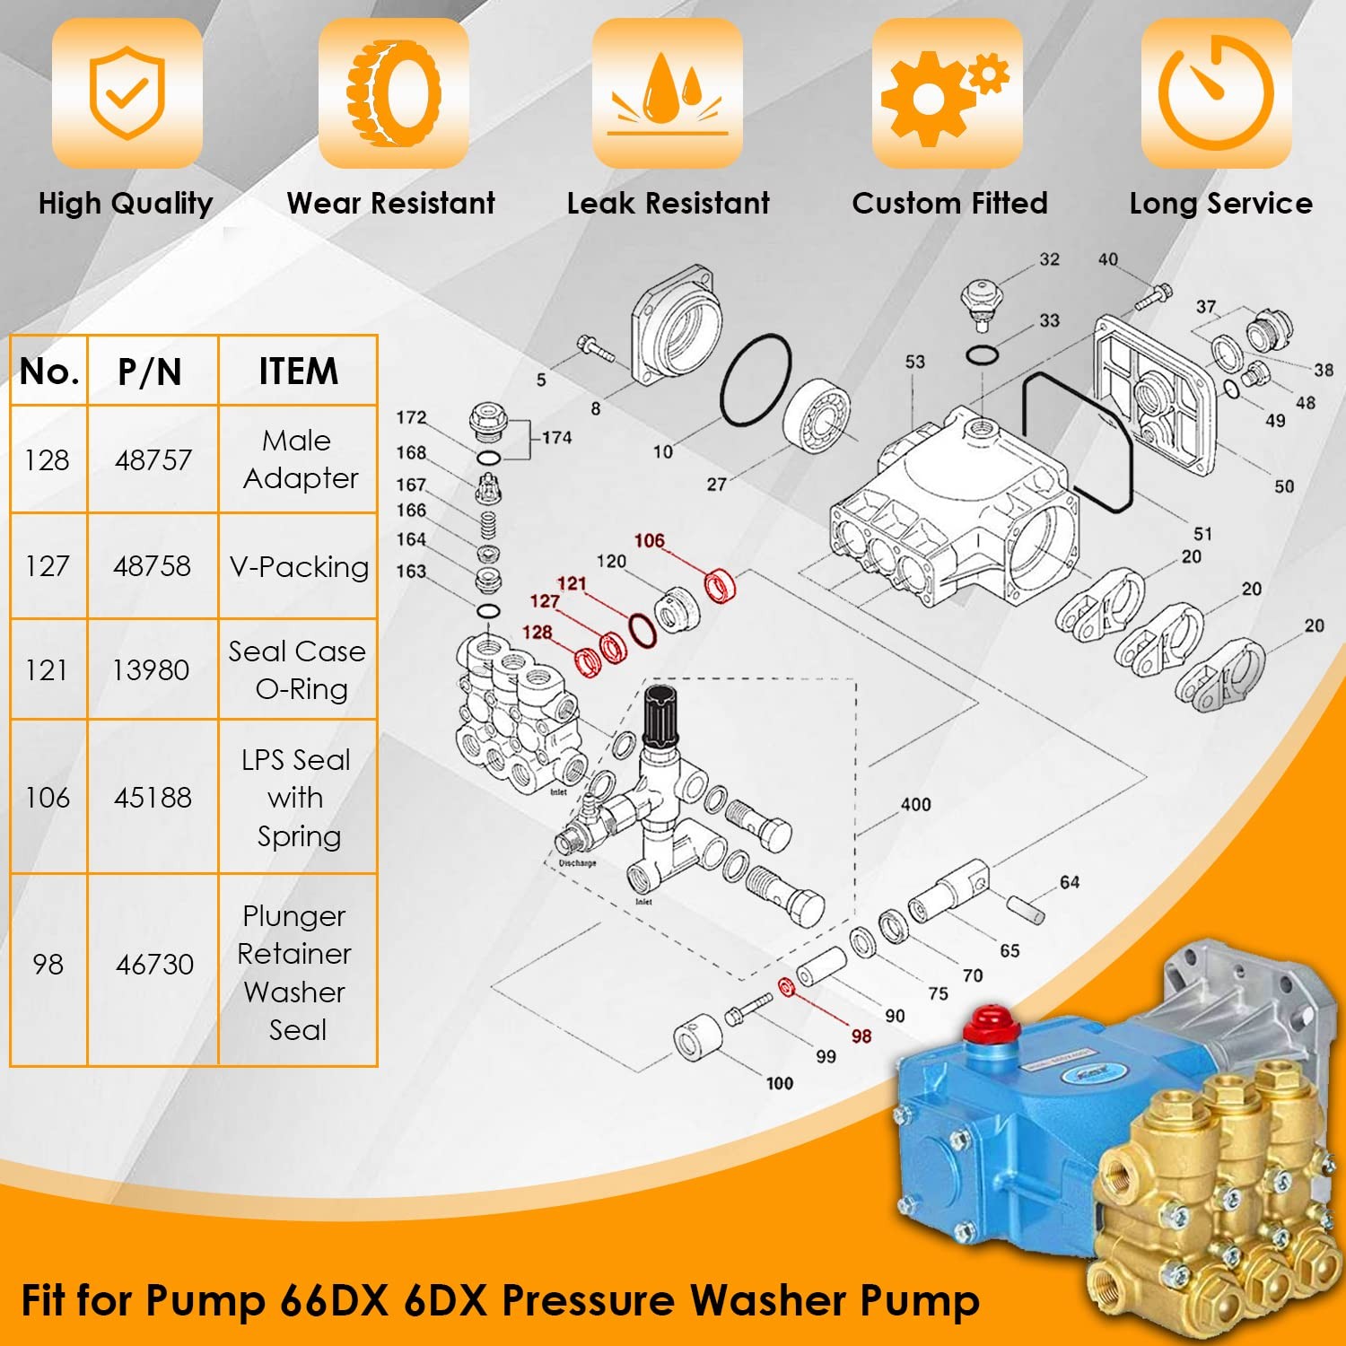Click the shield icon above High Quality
point(127,92)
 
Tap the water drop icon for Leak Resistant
point(667,92)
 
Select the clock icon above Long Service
point(1216,92)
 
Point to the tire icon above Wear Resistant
point(394,92)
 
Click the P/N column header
point(150,371)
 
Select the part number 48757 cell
point(153,459)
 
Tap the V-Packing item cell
point(299,566)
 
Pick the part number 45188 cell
point(153,797)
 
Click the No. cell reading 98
point(48,964)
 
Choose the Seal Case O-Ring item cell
point(298,669)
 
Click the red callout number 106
point(649,540)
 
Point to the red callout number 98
point(861,1036)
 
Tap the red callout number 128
point(538,632)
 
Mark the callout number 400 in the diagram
point(915,805)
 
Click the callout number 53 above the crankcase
point(914,362)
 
